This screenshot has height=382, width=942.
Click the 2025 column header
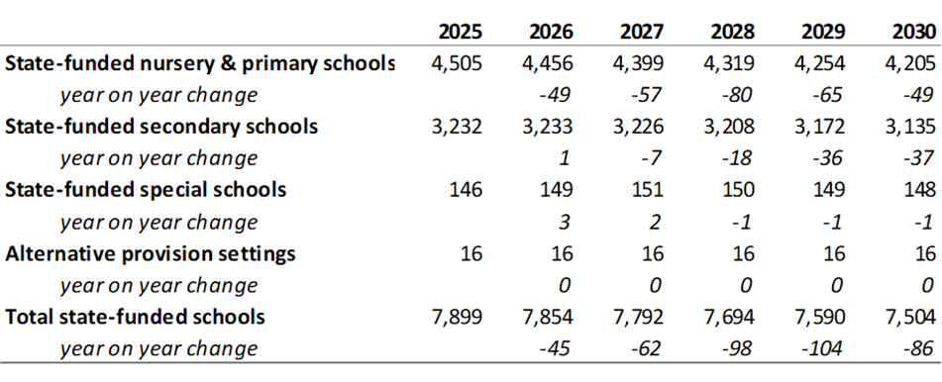point(460,32)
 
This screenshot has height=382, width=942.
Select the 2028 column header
point(732,32)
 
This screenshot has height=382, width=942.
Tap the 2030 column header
point(913,32)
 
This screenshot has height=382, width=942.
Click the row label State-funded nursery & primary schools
point(199,63)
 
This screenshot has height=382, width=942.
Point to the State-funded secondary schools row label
point(161,128)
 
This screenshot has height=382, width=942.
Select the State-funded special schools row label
point(146,190)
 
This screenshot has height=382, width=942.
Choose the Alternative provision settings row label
point(151,254)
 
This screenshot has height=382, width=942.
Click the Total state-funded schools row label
point(135,317)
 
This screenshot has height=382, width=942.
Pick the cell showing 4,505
point(457,63)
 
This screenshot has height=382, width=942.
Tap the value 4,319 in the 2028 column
point(729,63)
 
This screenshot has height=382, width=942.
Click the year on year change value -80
point(738,95)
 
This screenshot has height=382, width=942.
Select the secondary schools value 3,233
point(548,128)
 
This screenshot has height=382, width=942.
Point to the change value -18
point(738,159)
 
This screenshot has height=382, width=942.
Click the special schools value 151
point(647,190)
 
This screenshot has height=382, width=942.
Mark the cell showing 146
point(466,190)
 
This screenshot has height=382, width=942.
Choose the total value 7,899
point(457,317)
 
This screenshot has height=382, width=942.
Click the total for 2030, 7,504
point(910,317)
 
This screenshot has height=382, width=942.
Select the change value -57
point(647,95)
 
